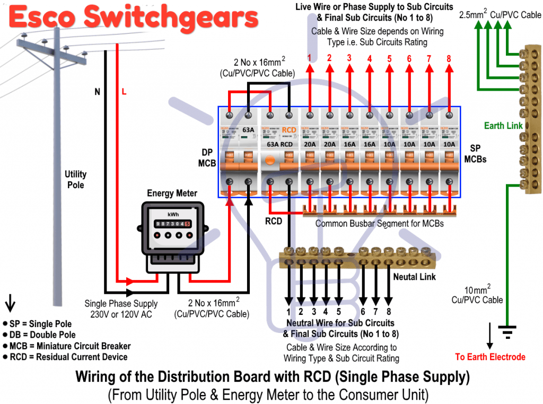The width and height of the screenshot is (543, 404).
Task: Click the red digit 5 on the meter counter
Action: pyautogui.click(x=187, y=224)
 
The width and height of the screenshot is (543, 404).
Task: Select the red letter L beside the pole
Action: pyautogui.click(x=124, y=92)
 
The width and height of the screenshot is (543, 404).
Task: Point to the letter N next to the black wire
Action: pyautogui.click(x=97, y=92)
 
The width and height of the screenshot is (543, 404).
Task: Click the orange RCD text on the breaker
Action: pyautogui.click(x=289, y=129)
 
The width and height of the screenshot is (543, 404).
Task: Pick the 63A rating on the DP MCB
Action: pyautogui.click(x=248, y=129)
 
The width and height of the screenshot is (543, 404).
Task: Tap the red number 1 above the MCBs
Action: pyautogui.click(x=309, y=58)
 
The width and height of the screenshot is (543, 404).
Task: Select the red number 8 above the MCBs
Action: pyautogui.click(x=449, y=58)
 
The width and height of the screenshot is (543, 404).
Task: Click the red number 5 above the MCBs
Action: pyautogui.click(x=389, y=58)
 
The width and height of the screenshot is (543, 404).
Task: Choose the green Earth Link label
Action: pyautogui.click(x=503, y=126)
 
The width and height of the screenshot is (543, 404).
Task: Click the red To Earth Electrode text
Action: pyautogui.click(x=490, y=357)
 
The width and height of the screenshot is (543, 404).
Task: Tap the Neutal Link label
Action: pyautogui.click(x=414, y=277)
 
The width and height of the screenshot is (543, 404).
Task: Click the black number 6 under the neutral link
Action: pyautogui.click(x=363, y=312)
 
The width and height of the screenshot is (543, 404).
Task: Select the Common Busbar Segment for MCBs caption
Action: pyautogui.click(x=379, y=223)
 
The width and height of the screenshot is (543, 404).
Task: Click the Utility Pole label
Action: pyautogui.click(x=75, y=179)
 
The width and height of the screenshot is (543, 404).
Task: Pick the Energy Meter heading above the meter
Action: pyautogui.click(x=172, y=194)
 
